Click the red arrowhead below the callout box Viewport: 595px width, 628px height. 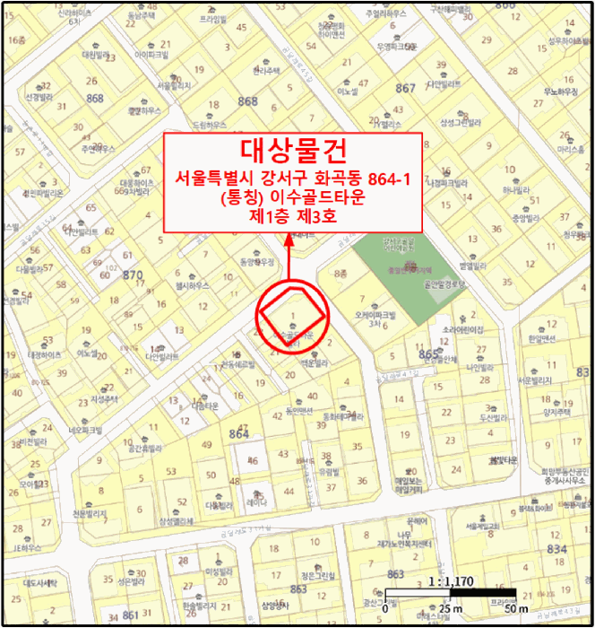pos(289,240)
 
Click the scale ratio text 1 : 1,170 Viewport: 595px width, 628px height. pos(452,581)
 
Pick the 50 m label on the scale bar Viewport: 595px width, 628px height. pos(515,610)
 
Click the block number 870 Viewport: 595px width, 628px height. pos(133,275)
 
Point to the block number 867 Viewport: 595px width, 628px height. pos(405,88)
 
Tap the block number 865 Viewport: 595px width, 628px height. pos(428,355)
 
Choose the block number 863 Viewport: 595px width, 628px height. pos(395,574)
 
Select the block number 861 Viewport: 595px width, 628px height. pos(131,615)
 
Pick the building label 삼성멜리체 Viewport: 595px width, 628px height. pos(177,521)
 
